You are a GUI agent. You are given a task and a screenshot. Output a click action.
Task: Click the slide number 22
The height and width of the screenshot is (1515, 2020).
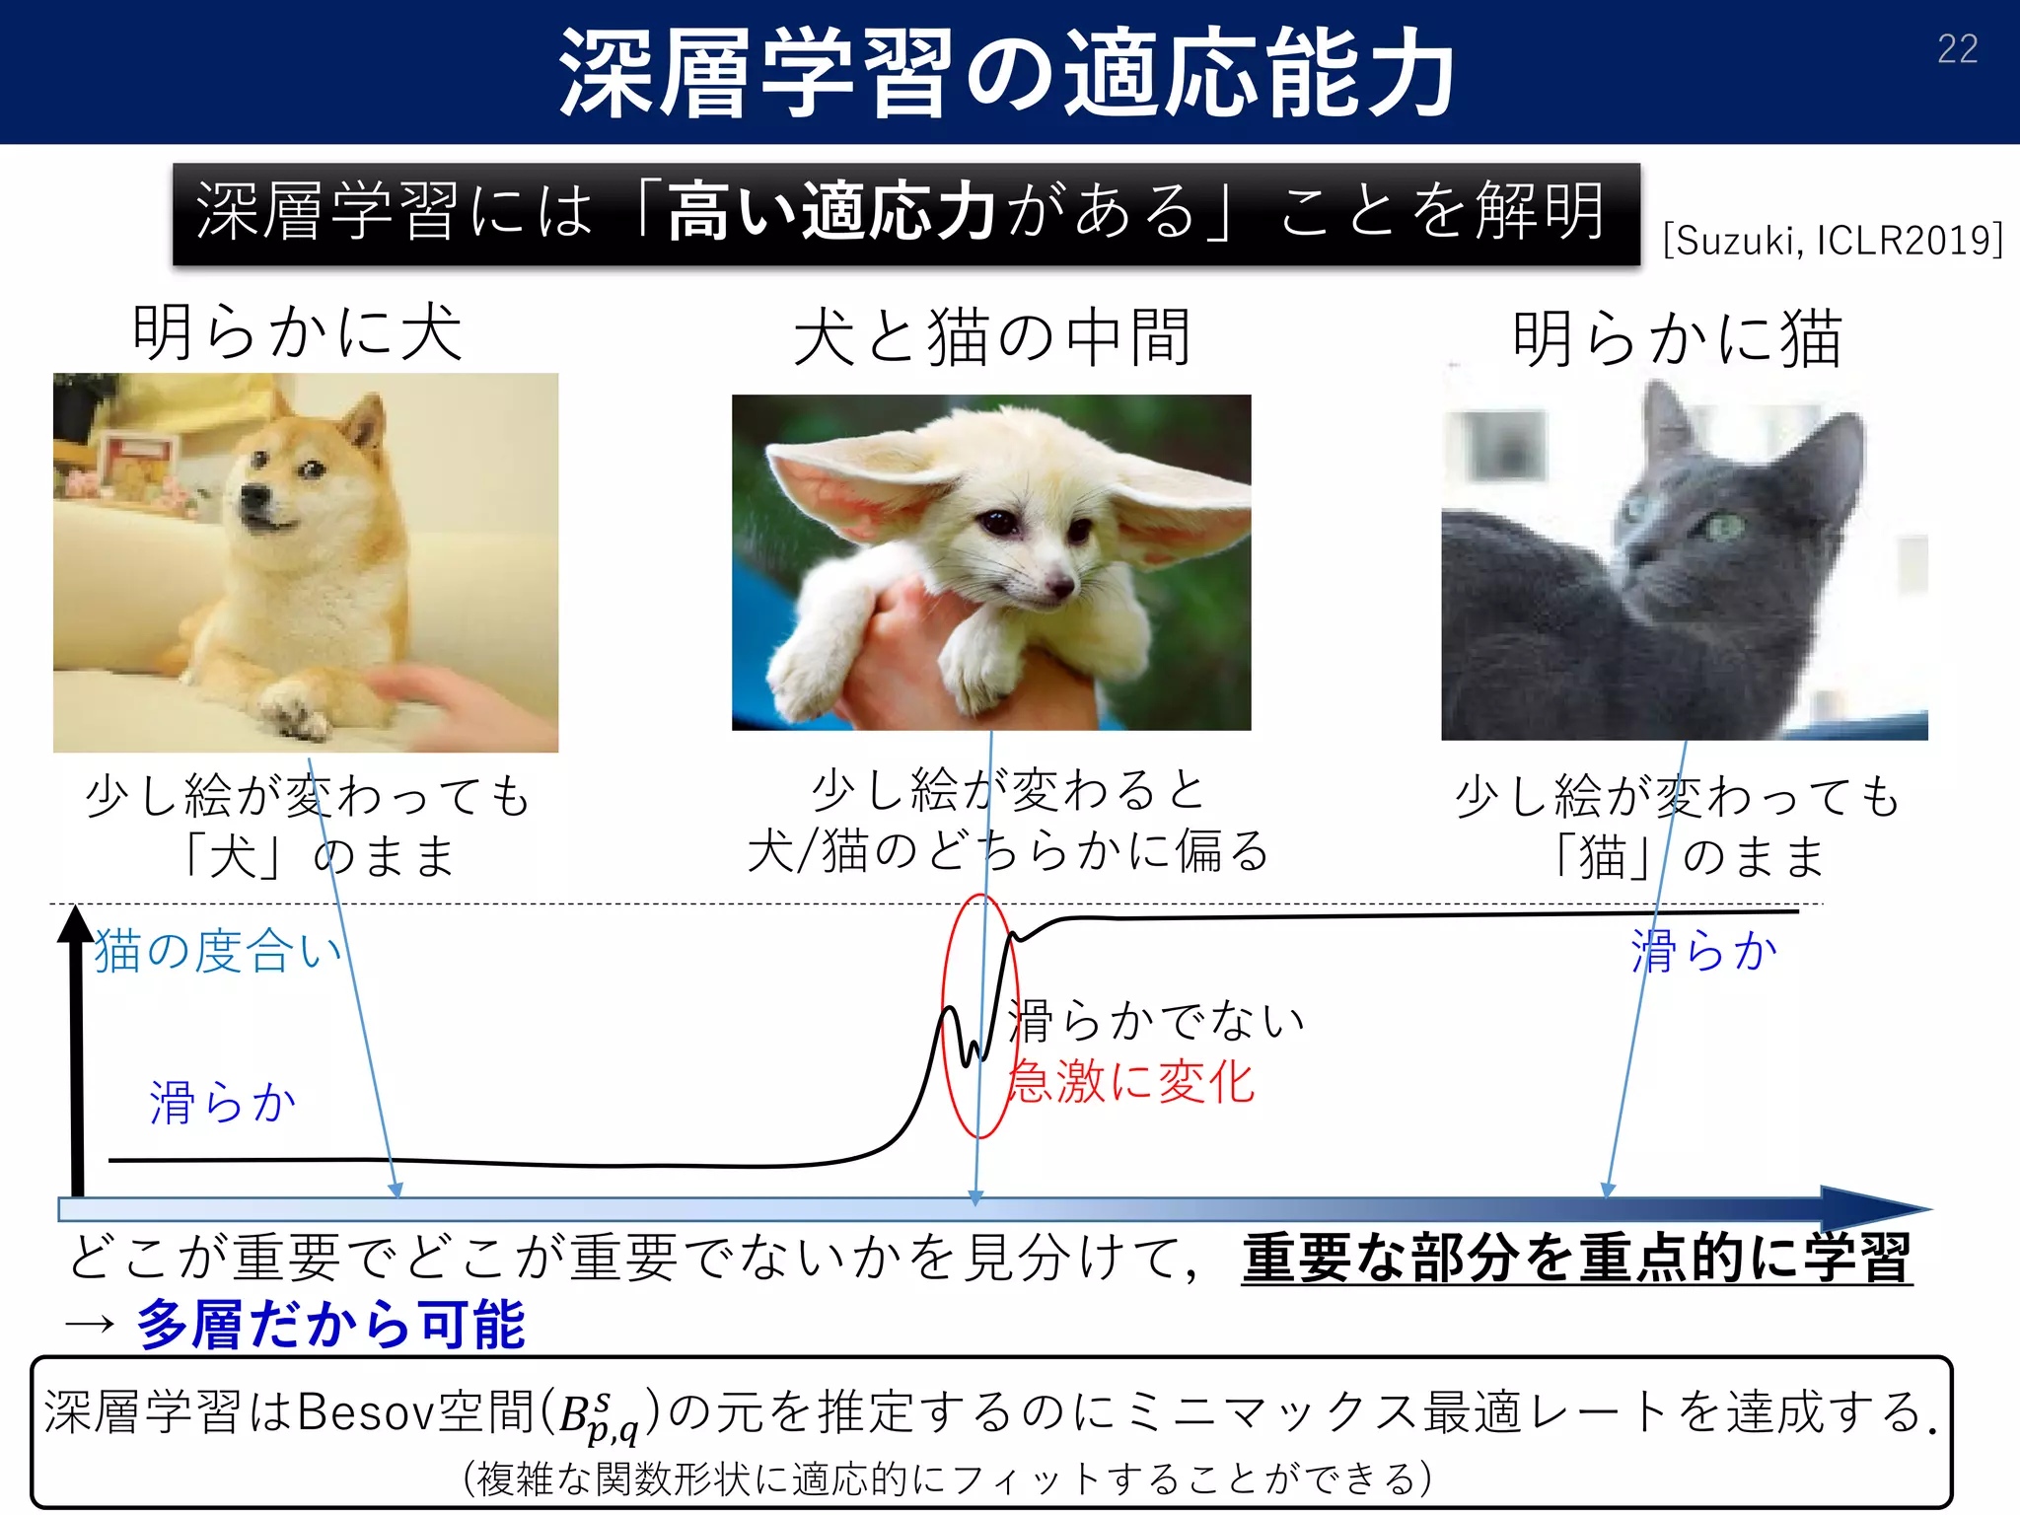[x=1957, y=49]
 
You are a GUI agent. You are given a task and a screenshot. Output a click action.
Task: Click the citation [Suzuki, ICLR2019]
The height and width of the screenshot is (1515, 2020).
[x=1833, y=240]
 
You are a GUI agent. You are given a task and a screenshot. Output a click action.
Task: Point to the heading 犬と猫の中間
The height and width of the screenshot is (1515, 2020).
[x=992, y=337]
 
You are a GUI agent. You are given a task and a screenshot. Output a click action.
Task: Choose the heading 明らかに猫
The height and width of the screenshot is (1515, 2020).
[x=1677, y=338]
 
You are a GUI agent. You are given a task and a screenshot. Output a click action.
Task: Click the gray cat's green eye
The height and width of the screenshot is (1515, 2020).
[x=1725, y=526]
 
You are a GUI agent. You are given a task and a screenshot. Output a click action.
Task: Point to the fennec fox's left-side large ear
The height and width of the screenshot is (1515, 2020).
[x=848, y=483]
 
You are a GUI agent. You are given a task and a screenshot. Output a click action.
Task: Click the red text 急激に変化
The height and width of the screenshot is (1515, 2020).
[x=1131, y=1082]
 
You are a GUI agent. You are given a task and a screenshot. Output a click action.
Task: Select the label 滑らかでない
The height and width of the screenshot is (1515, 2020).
[x=1156, y=1021]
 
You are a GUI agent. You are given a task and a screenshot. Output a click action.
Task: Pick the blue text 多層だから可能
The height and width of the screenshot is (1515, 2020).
[x=331, y=1324]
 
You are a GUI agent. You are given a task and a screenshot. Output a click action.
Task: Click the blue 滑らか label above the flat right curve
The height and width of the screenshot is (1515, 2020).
[x=1703, y=952]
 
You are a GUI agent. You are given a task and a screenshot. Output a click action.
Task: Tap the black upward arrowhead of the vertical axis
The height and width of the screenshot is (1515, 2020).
[x=75, y=925]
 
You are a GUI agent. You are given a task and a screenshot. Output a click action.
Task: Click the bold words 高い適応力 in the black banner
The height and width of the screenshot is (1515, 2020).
[x=830, y=212]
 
